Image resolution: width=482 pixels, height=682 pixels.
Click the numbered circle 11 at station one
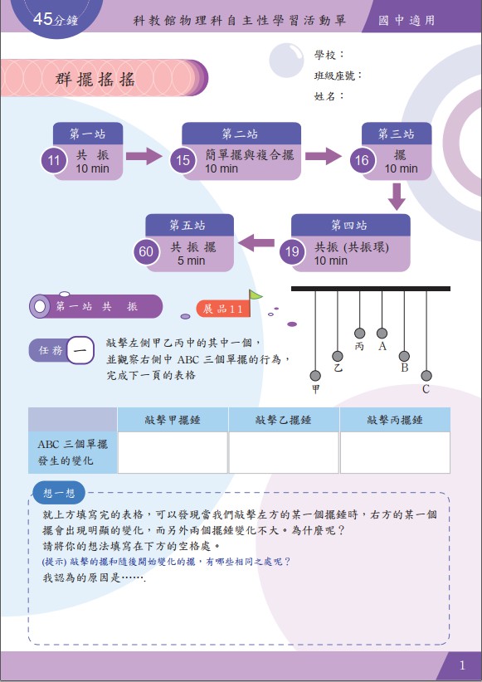(x=53, y=160)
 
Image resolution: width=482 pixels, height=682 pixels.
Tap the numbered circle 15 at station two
(x=183, y=160)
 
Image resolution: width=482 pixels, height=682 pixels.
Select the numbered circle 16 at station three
(x=362, y=160)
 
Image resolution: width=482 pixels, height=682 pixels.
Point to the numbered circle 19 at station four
(x=292, y=251)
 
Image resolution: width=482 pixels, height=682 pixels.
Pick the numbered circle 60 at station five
(x=146, y=251)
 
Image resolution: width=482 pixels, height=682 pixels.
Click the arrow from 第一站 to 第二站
(x=144, y=156)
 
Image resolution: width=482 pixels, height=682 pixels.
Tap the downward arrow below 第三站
(x=397, y=197)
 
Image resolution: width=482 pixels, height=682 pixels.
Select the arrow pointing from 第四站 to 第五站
(x=256, y=243)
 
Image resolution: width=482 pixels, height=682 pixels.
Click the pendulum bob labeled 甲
(x=315, y=375)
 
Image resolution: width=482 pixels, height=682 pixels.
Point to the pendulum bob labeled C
(x=426, y=375)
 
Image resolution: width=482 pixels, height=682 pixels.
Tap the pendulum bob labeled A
(x=382, y=334)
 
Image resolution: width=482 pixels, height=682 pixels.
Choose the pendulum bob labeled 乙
(x=338, y=356)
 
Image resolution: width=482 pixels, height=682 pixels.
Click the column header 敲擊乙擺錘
(x=284, y=420)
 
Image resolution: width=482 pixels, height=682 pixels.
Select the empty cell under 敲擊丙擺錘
(x=395, y=452)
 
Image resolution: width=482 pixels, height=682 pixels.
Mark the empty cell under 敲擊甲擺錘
(x=173, y=452)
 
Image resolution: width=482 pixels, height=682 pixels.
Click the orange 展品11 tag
(x=223, y=309)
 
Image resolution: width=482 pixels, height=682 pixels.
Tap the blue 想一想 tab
(x=59, y=493)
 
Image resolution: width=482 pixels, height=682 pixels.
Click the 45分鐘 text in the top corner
(x=56, y=19)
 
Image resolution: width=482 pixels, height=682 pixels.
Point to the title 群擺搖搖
(x=95, y=79)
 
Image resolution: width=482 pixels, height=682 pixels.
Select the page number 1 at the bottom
(x=462, y=665)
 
